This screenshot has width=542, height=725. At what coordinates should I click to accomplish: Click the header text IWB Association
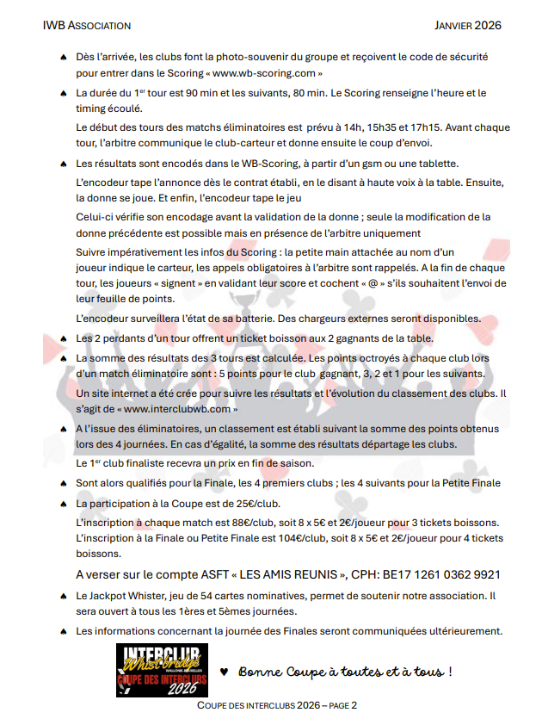pos(87,26)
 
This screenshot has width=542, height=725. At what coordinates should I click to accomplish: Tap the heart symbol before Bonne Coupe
pos(225,671)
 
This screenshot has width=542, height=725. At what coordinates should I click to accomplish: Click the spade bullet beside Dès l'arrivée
pos(63,57)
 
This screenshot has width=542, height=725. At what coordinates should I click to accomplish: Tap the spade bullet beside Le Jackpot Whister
pos(63,595)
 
